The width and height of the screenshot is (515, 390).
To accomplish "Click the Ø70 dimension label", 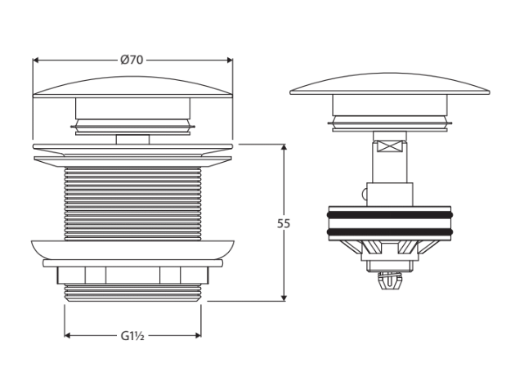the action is click(x=132, y=61).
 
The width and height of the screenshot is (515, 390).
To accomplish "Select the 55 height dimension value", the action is click(x=284, y=224).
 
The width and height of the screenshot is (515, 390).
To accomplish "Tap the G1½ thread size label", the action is click(x=132, y=336).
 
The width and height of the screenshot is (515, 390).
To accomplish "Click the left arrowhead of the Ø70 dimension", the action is click(x=37, y=61).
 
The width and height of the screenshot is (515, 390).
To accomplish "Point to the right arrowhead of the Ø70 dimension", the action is click(x=229, y=61).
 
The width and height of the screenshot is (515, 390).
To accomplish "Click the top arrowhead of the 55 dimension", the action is click(x=284, y=147).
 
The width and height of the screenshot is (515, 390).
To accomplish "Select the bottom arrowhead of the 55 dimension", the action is click(x=284, y=298).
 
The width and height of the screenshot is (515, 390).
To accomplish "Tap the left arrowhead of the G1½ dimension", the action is click(x=68, y=335).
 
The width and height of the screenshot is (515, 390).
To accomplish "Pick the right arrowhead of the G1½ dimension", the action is click(x=198, y=335).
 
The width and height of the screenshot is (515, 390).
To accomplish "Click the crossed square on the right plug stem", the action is click(x=390, y=146).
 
